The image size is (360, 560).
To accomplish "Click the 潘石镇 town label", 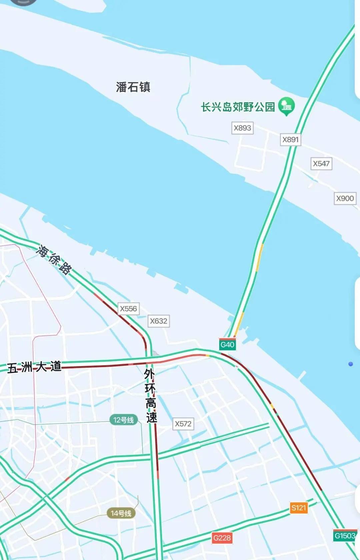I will (x=133, y=87).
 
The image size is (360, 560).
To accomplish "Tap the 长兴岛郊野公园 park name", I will (x=238, y=107).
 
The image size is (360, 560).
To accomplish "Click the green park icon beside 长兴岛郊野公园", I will (x=286, y=106).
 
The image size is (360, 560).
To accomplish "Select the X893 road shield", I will (x=242, y=128).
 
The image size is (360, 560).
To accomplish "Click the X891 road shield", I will (x=290, y=140).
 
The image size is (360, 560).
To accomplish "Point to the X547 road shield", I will (x=321, y=164).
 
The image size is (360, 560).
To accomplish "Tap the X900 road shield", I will (x=345, y=199).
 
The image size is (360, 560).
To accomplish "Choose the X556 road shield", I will (x=128, y=309).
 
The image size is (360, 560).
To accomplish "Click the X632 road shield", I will (x=158, y=321).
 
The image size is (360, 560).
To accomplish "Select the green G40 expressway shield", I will (x=227, y=344).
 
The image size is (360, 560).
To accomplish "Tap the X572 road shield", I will (x=183, y=424).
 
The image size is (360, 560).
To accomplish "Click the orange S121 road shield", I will (x=298, y=508).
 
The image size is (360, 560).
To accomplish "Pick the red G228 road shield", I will (x=222, y=538).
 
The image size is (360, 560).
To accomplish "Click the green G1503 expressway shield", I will (x=345, y=536).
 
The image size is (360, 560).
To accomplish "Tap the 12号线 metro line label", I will (x=123, y=420).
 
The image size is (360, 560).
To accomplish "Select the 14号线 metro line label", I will (x=121, y=513).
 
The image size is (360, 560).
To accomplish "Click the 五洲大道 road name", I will (x=34, y=367).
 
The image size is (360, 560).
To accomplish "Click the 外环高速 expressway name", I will (x=151, y=395).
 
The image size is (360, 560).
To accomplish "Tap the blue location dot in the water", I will (x=350, y=364).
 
